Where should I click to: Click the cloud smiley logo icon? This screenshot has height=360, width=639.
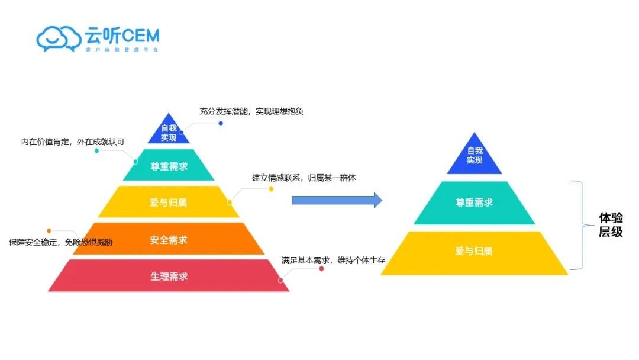pyautogui.click(x=59, y=38)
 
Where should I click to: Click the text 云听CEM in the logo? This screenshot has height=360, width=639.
pyautogui.click(x=121, y=36)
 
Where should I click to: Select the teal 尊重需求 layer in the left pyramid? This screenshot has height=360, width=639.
pyautogui.click(x=169, y=166)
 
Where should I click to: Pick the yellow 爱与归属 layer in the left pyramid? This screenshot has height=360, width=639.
pyautogui.click(x=169, y=202)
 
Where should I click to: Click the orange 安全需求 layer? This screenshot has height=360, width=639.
pyautogui.click(x=169, y=239)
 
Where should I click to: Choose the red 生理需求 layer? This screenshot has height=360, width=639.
pyautogui.click(x=169, y=276)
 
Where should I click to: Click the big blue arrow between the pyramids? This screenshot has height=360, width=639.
pyautogui.click(x=337, y=200)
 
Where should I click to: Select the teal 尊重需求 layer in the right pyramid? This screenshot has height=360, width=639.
pyautogui.click(x=475, y=202)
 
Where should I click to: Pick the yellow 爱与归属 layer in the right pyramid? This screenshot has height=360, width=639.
pyautogui.click(x=475, y=252)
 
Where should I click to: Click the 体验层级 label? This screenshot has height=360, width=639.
pyautogui.click(x=611, y=225)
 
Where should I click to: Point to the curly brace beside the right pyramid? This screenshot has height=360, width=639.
pyautogui.click(x=580, y=225)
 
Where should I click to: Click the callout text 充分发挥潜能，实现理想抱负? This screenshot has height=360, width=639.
pyautogui.click(x=251, y=111)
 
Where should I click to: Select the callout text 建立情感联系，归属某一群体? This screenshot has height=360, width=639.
pyautogui.click(x=304, y=178)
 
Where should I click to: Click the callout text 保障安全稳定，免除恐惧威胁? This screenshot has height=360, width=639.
pyautogui.click(x=60, y=242)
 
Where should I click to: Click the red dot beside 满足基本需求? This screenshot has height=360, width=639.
pyautogui.click(x=321, y=269)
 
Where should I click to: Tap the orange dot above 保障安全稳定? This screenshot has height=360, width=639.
pyautogui.click(x=49, y=230)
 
